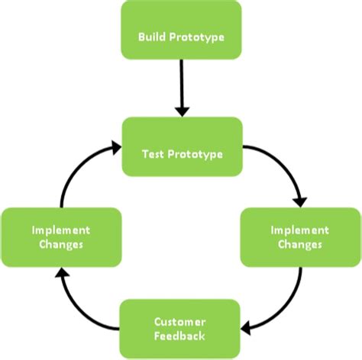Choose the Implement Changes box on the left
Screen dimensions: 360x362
(x=61, y=236)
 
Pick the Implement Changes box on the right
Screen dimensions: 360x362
(x=301, y=236)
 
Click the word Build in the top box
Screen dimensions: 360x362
(x=151, y=37)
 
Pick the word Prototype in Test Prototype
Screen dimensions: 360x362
(x=196, y=153)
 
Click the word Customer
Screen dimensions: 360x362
(x=181, y=323)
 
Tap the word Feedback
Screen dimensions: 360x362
(x=181, y=336)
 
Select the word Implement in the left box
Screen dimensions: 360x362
(x=61, y=230)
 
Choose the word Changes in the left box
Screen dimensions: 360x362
(x=61, y=244)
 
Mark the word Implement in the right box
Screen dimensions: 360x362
(x=301, y=230)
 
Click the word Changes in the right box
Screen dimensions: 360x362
(x=301, y=244)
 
